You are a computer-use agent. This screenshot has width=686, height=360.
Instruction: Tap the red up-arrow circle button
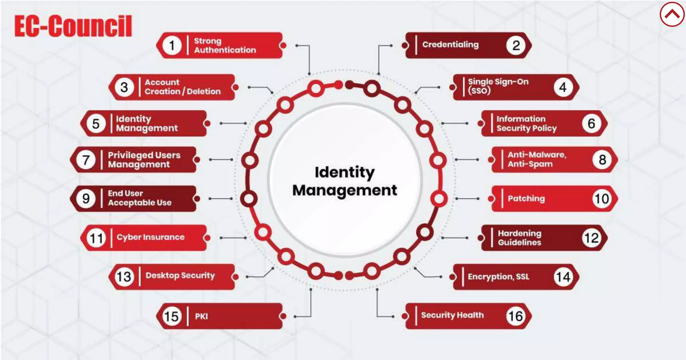pyautogui.click(x=672, y=14)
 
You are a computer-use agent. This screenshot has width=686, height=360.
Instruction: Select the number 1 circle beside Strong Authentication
pyautogui.click(x=172, y=45)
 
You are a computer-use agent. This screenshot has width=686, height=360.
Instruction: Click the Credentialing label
pyautogui.click(x=450, y=45)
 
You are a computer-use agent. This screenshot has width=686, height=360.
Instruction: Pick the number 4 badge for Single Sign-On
pyautogui.click(x=563, y=87)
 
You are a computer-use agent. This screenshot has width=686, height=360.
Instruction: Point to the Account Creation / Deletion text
pyautogui.click(x=183, y=87)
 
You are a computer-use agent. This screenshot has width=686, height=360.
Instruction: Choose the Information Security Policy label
pyautogui.click(x=526, y=124)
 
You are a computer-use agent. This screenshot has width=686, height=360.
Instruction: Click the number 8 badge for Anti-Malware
pyautogui.click(x=602, y=160)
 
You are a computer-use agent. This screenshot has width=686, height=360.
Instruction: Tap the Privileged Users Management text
pyautogui.click(x=144, y=160)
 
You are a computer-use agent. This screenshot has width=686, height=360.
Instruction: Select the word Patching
pyautogui.click(x=526, y=199)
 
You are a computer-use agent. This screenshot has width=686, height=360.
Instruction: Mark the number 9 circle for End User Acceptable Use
pyautogui.click(x=86, y=199)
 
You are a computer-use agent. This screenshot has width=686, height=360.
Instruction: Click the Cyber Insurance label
pyautogui.click(x=150, y=237)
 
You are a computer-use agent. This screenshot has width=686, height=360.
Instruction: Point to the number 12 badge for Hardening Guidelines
pyautogui.click(x=591, y=238)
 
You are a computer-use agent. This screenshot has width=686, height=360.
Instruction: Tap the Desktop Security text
pyautogui.click(x=180, y=276)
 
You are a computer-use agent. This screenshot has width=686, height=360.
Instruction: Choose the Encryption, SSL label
pyautogui.click(x=498, y=277)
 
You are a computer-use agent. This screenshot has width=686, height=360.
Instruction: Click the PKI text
pyautogui.click(x=201, y=316)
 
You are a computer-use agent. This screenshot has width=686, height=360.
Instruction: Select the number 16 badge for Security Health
pyautogui.click(x=515, y=316)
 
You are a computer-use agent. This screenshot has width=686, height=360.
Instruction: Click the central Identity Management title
pyautogui.click(x=345, y=181)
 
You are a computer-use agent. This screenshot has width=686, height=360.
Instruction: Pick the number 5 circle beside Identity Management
pyautogui.click(x=96, y=124)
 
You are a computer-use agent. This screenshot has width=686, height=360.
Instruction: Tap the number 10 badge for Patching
pyautogui.click(x=602, y=199)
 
